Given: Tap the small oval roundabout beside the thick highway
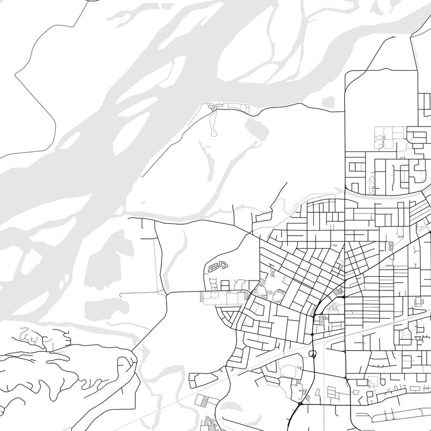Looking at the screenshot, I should [x=313, y=354].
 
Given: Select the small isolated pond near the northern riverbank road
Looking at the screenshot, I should [x=328, y=102].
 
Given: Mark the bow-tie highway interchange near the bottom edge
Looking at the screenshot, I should [x=300, y=405].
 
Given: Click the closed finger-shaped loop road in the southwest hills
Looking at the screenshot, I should [x=129, y=365].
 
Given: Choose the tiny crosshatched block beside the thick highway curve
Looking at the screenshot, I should [x=340, y=293].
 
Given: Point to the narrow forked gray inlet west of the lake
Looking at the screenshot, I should [x=209, y=157].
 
